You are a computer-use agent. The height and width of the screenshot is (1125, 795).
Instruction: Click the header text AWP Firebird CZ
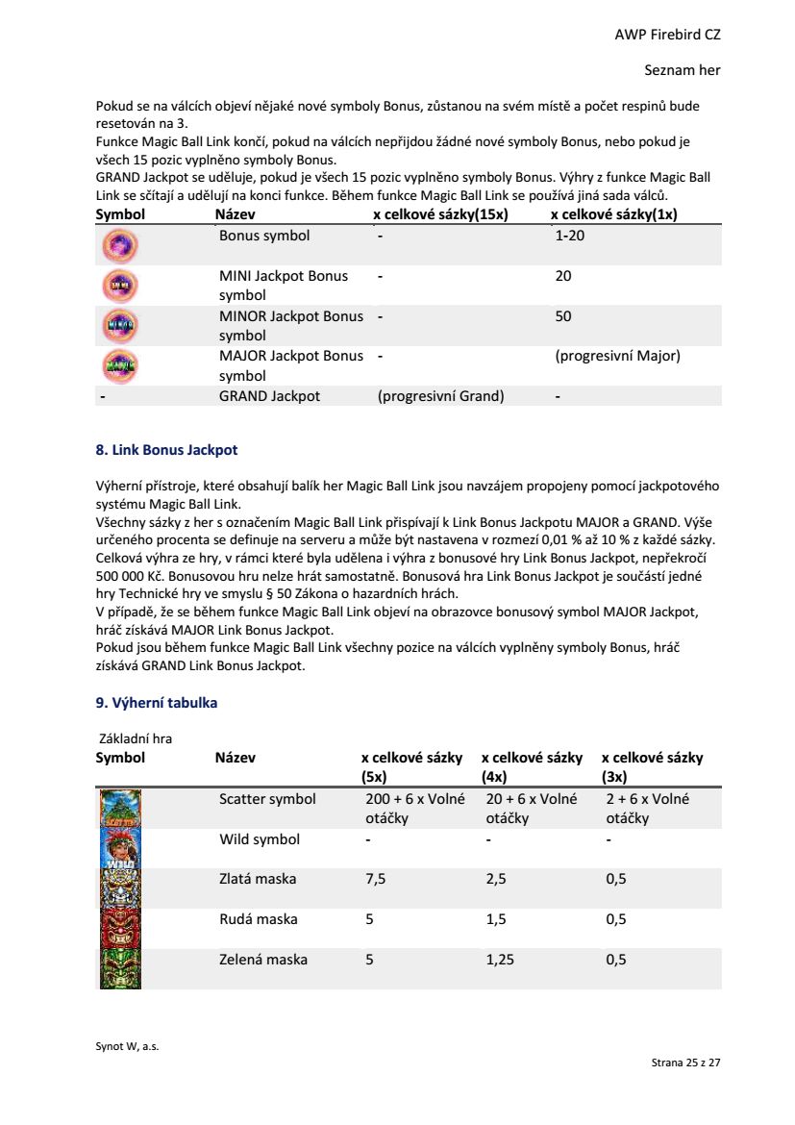click(667, 35)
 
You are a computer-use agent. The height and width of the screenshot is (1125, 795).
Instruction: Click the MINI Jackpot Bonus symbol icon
click(120, 287)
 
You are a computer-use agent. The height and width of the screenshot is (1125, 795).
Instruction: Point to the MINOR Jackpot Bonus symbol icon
click(120, 326)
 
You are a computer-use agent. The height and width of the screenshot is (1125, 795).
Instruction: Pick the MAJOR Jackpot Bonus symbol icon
click(120, 366)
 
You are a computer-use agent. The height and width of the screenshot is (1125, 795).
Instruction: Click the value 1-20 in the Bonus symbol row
click(569, 236)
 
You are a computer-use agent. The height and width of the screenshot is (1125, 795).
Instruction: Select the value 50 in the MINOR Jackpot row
click(563, 316)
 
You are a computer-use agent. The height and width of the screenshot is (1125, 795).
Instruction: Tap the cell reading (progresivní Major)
click(617, 356)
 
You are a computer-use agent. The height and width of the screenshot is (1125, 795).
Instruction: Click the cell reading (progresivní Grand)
click(440, 396)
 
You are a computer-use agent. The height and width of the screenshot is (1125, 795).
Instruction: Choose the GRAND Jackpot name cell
click(269, 396)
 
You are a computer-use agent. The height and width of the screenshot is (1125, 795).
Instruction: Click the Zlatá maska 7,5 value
click(376, 879)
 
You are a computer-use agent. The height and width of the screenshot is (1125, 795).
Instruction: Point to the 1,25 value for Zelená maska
click(500, 960)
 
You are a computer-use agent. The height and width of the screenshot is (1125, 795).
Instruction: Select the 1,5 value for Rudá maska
click(496, 919)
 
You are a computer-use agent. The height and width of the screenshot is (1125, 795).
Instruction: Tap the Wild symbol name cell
click(260, 839)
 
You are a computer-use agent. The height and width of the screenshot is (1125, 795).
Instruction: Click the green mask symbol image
click(120, 968)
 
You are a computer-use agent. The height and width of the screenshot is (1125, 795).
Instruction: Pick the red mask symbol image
click(120, 928)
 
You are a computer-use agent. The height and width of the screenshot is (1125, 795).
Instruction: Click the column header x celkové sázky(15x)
click(440, 214)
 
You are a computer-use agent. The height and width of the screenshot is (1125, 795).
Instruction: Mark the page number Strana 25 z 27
click(685, 1062)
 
